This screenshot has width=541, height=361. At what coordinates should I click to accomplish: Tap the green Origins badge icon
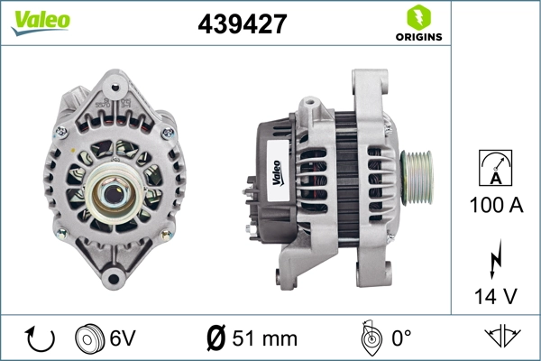[417, 17]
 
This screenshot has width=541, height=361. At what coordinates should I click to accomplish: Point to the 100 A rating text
[496, 206]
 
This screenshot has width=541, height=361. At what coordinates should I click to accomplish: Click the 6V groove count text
[123, 339]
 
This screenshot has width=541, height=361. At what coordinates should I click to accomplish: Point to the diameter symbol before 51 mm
[215, 339]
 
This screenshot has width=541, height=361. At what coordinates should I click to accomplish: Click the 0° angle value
[399, 339]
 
